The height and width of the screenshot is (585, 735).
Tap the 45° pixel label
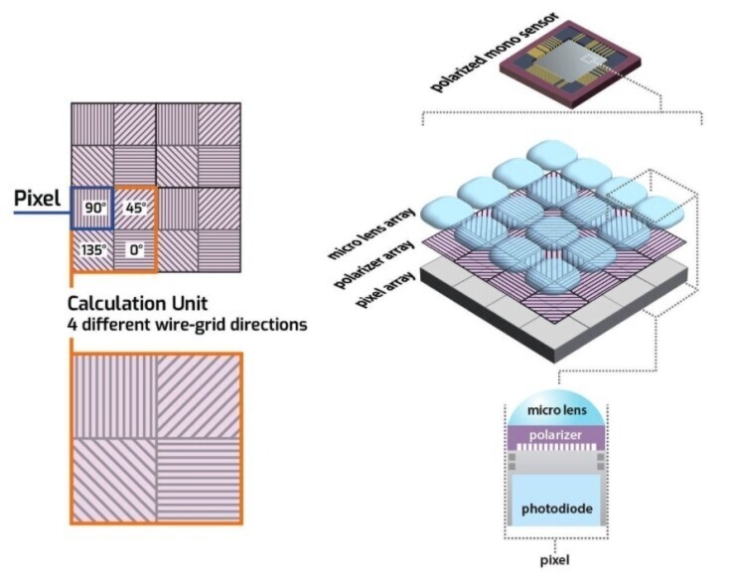coord(136,209)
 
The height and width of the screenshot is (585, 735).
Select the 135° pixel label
coord(92,251)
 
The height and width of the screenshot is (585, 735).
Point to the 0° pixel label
coord(136,251)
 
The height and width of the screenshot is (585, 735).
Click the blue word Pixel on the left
coord(38,199)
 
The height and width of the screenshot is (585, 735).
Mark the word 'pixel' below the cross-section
coord(554,560)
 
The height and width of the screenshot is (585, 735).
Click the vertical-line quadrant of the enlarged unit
coord(112,395)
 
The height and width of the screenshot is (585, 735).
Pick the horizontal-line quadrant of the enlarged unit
coord(198,480)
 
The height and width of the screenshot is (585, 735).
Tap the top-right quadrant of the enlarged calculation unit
coord(198,395)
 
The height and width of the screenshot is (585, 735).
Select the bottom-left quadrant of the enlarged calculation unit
coord(112,480)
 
